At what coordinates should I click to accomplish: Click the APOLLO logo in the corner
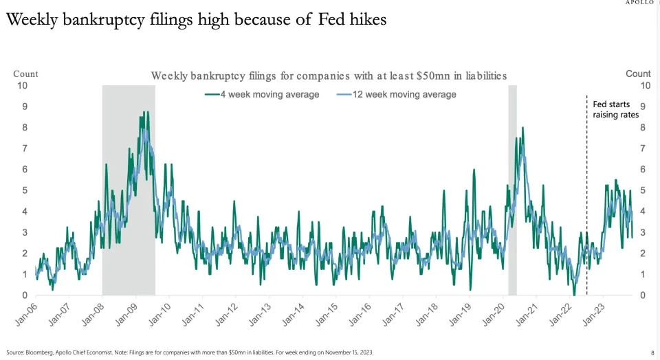[x=641, y=3]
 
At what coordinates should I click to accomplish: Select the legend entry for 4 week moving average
[x=262, y=94]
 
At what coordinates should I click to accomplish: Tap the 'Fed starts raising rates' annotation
[x=616, y=109]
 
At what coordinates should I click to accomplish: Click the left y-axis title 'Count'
[x=25, y=74]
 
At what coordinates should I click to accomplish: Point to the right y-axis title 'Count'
[x=638, y=74]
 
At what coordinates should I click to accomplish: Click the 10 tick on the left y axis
[x=23, y=85]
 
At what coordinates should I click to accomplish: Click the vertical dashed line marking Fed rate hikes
[x=586, y=206]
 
